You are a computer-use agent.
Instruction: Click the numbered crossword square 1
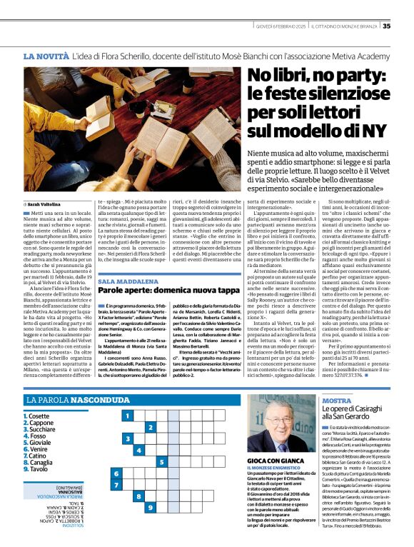coord(127,416)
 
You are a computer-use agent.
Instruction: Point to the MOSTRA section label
coord(337,401)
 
